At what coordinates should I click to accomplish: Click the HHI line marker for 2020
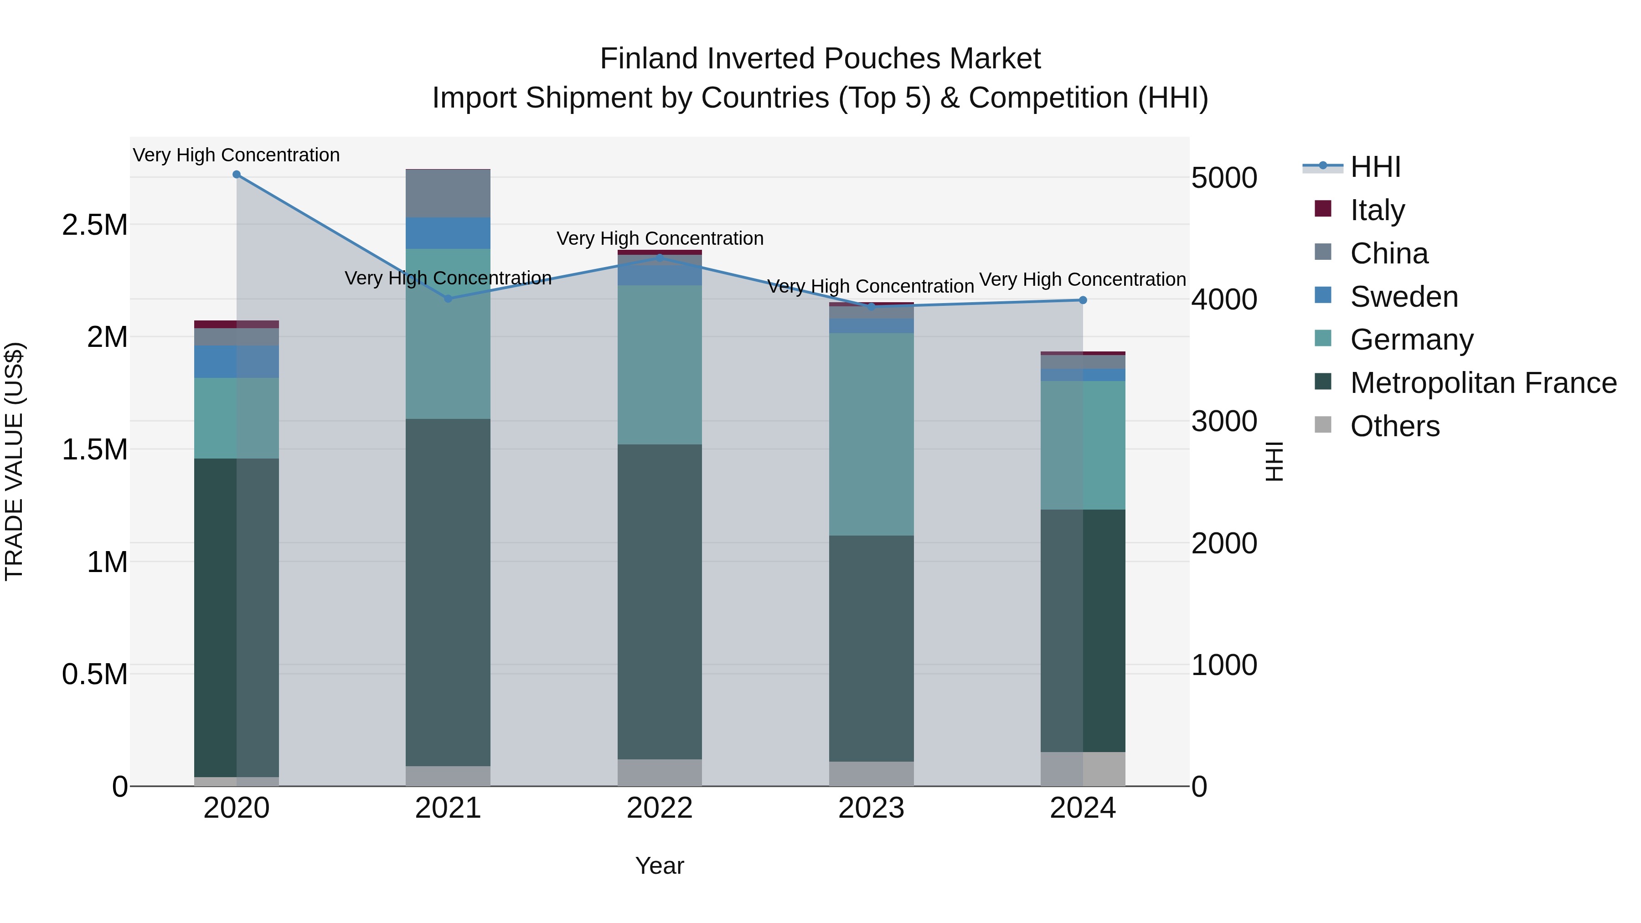click(236, 175)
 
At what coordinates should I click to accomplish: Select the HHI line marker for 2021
click(448, 299)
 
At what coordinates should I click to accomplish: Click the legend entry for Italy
click(1376, 210)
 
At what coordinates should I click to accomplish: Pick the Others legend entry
click(1394, 426)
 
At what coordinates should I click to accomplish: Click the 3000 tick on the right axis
click(1224, 422)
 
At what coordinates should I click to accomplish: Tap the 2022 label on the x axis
click(659, 808)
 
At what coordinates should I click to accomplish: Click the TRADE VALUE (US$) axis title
click(14, 461)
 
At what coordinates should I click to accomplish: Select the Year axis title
click(659, 866)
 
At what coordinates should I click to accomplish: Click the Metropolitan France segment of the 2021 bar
click(448, 593)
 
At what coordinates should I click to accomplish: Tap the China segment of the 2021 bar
click(448, 194)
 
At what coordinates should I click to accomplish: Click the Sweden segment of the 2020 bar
click(236, 362)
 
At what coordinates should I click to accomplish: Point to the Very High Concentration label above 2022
click(659, 239)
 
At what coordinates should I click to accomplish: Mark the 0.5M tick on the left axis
click(95, 675)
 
